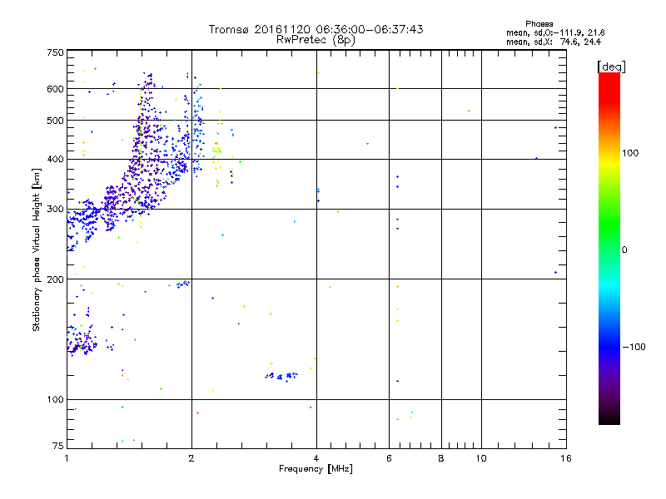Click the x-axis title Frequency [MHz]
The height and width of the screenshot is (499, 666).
316,470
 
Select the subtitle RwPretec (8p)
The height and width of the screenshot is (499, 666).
316,39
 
